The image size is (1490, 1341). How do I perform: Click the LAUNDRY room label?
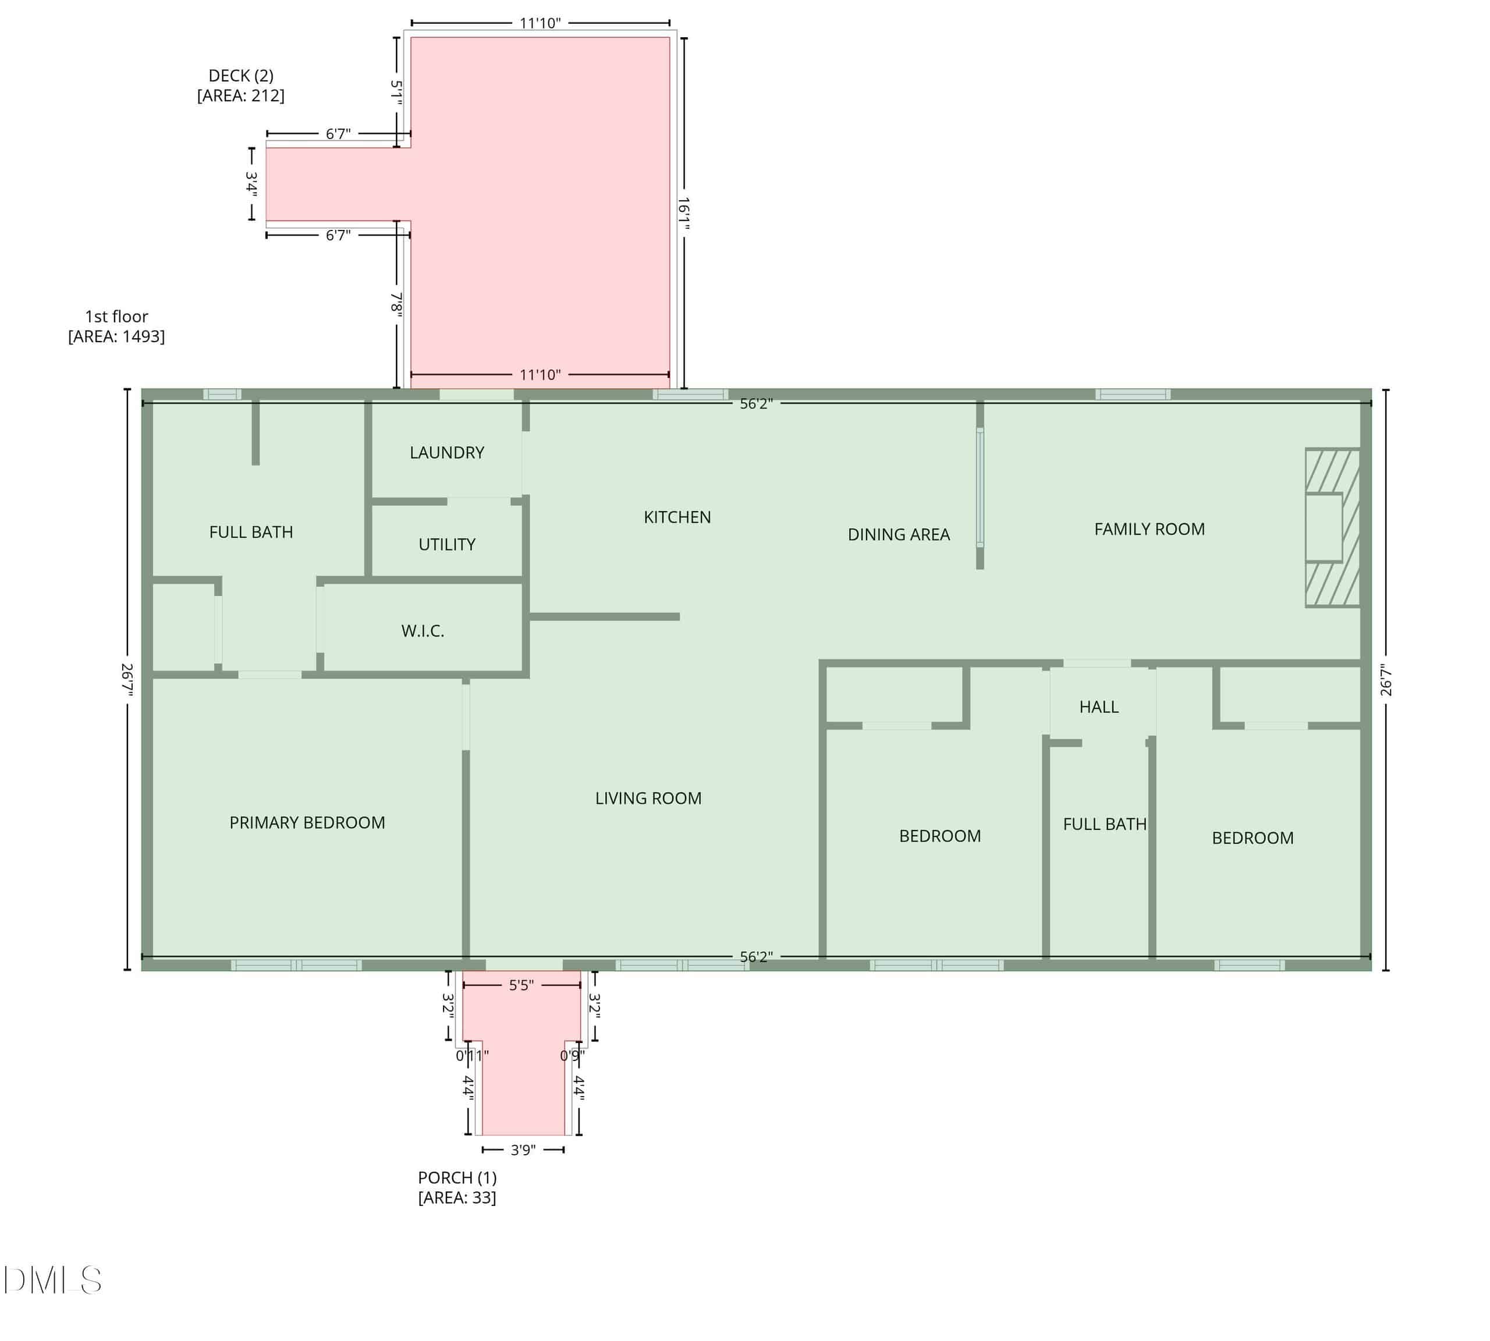[x=446, y=452]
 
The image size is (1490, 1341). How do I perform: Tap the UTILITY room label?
[x=446, y=545]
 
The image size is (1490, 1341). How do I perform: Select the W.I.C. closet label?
[x=422, y=631]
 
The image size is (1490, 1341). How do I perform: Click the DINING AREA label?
[x=898, y=534]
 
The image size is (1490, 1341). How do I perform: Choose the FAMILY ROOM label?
[x=1149, y=529]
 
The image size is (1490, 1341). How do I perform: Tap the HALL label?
[x=1099, y=707]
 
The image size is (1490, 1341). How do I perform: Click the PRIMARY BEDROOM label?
[x=307, y=822]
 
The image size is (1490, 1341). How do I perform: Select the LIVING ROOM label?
[x=648, y=798]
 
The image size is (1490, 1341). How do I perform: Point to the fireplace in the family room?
[x=1332, y=527]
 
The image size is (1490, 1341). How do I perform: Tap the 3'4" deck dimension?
[x=252, y=184]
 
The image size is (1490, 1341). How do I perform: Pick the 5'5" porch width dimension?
[x=521, y=985]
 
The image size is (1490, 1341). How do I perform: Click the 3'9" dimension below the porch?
[x=523, y=1150]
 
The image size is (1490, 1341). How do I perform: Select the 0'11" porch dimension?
[x=471, y=1055]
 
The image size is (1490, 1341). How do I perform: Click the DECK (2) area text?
[x=241, y=86]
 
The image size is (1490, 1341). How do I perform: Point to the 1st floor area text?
[x=116, y=327]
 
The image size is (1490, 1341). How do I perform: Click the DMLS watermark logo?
[x=52, y=1280]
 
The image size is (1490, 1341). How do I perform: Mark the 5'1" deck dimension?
[x=396, y=93]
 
